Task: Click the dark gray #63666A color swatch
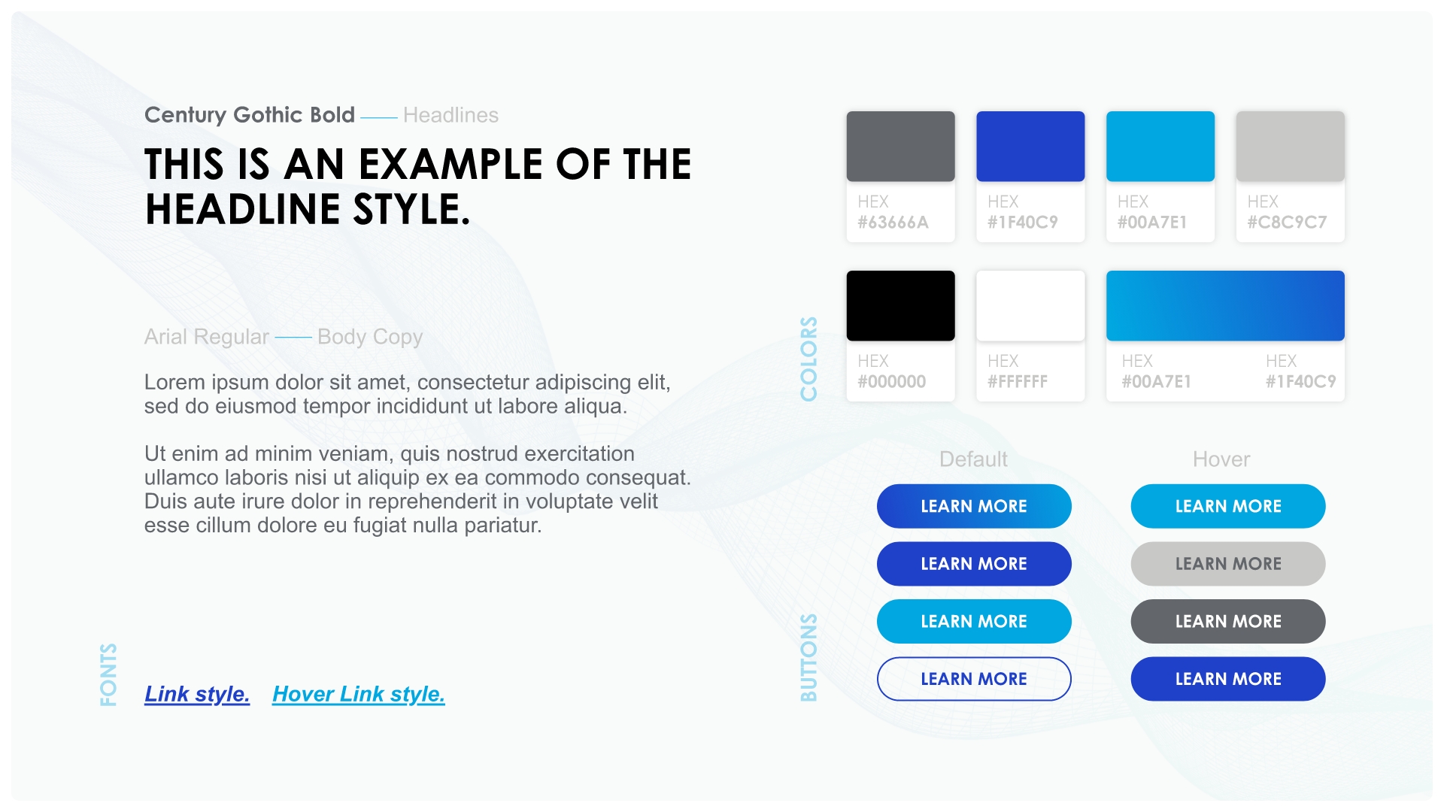(900, 147)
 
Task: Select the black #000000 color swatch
(900, 306)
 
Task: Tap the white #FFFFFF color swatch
(1030, 306)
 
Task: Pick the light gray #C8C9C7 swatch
(1291, 147)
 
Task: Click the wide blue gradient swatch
(1225, 306)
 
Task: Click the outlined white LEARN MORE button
(974, 679)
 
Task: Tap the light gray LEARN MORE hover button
(1228, 564)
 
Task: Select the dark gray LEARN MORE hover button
(1228, 621)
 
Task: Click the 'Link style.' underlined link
(197, 694)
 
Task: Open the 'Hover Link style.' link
(359, 694)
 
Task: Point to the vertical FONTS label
(108, 674)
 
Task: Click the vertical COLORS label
(808, 359)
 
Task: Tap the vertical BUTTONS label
(808, 658)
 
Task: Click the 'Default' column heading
(973, 459)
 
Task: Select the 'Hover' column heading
(1221, 459)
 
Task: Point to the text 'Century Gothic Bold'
(250, 115)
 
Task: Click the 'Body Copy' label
(370, 337)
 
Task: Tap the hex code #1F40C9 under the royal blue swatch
(1023, 223)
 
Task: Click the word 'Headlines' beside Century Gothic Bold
(450, 115)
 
